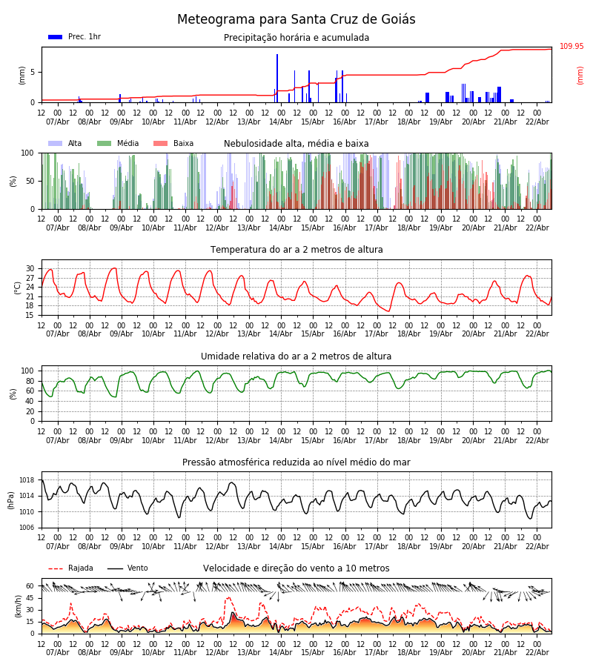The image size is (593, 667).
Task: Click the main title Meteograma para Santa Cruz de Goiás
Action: [296, 20]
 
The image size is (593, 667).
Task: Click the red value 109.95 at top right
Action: [572, 47]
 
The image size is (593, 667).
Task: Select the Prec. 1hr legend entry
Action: [75, 37]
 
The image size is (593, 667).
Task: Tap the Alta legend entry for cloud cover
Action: [66, 144]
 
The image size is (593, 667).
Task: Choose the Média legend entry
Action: [118, 144]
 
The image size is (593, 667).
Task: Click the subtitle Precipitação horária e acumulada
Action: [296, 38]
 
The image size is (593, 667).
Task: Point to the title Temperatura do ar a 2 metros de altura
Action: [296, 250]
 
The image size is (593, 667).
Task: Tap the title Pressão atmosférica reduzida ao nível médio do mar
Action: [296, 462]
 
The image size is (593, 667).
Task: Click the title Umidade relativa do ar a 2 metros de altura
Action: [296, 356]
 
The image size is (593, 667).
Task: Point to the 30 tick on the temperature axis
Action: [30, 268]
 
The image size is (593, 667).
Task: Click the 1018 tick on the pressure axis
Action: [27, 480]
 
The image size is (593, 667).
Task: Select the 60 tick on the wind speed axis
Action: [30, 585]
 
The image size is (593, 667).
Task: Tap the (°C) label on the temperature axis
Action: [19, 287]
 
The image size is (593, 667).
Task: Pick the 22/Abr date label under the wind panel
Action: [537, 652]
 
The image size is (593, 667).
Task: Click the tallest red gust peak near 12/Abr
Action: [228, 598]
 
